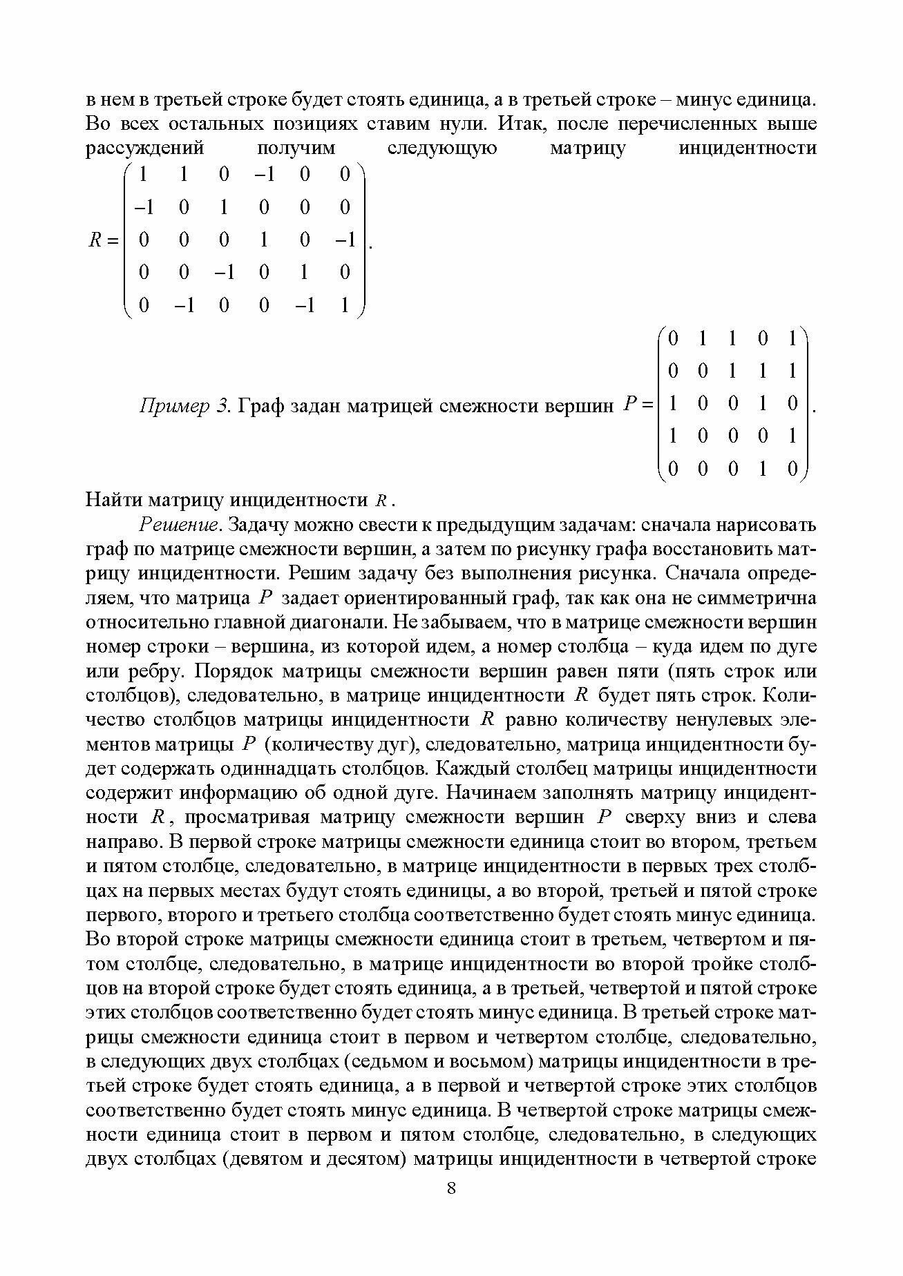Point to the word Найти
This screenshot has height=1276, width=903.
(x=113, y=500)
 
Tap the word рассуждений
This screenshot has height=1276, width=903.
(x=145, y=148)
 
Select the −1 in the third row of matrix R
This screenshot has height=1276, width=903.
(x=345, y=240)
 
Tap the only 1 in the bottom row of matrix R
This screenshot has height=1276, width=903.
(x=345, y=304)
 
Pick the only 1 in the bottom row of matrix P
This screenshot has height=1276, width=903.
(x=762, y=470)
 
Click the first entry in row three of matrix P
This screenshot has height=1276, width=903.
(x=673, y=404)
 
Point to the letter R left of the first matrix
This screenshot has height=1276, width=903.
(x=95, y=240)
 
